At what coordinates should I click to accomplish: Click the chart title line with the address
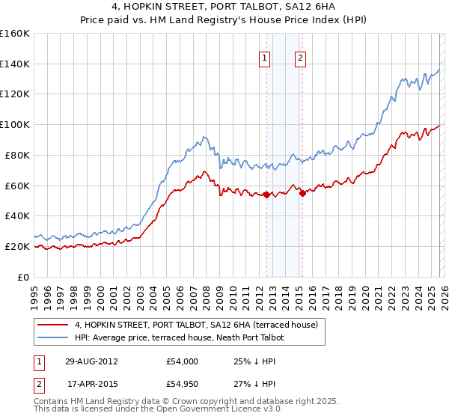(224, 6)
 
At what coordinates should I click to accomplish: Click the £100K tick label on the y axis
(15, 124)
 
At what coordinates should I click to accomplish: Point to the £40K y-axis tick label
(16, 215)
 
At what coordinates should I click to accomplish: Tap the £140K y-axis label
(15, 64)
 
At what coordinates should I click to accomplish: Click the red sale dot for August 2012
(266, 195)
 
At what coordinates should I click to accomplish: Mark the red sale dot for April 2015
(302, 193)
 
